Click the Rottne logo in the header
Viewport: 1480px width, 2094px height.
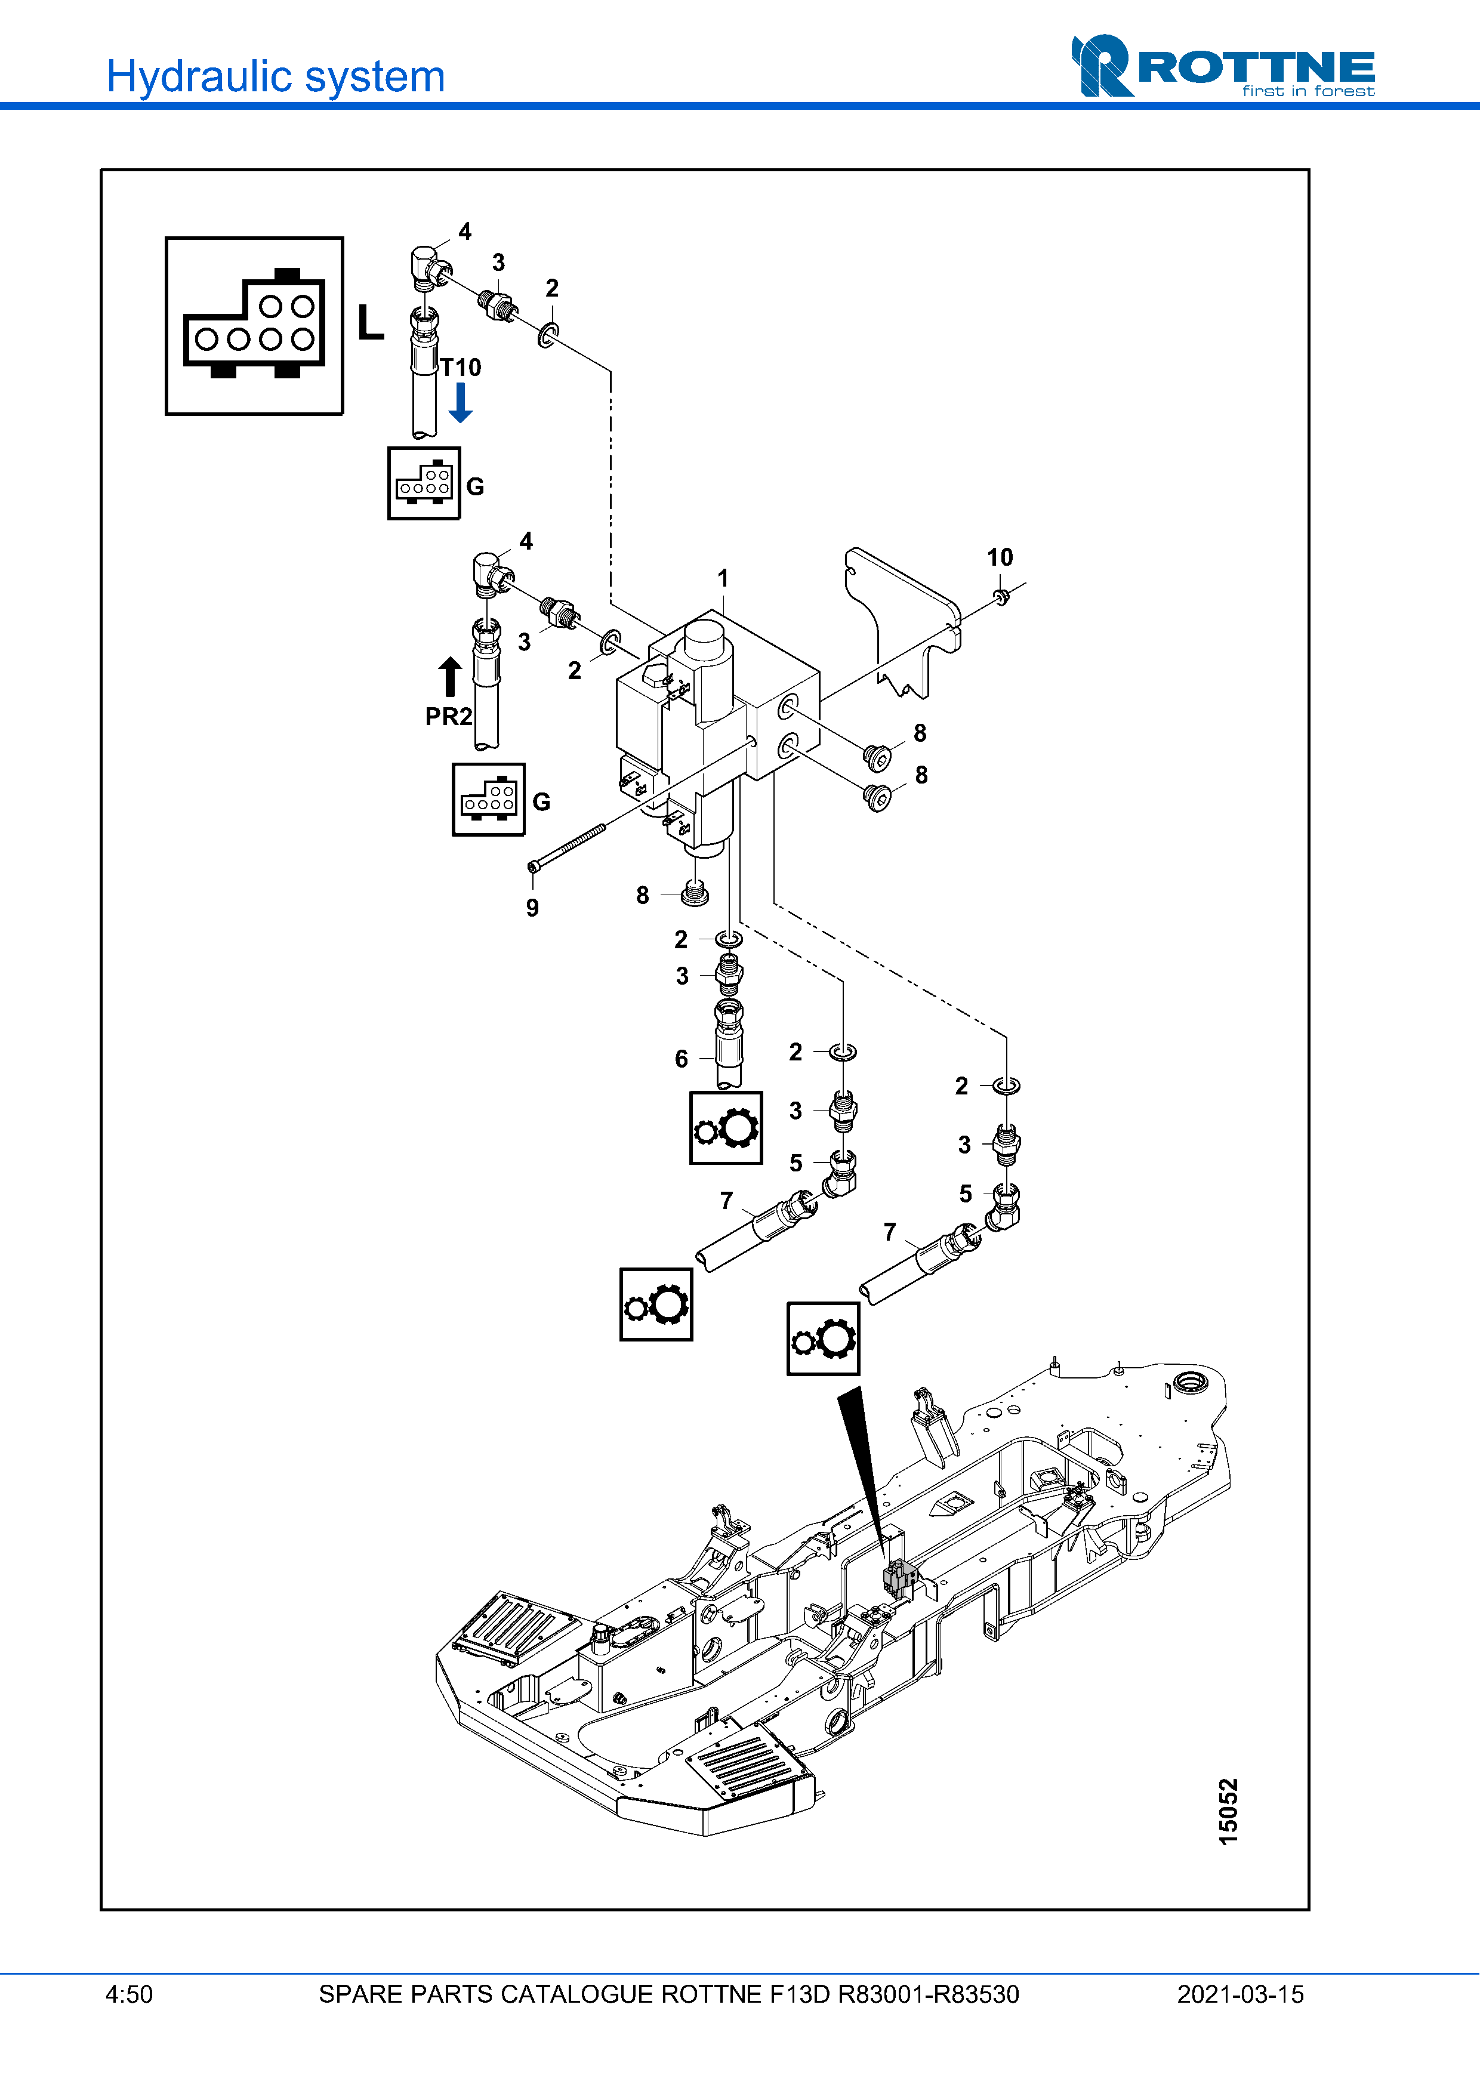pyautogui.click(x=1223, y=66)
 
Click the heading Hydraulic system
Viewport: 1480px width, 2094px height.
pyautogui.click(x=275, y=76)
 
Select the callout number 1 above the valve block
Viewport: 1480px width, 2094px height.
pyautogui.click(x=723, y=578)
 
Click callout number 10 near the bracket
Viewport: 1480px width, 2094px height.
pyautogui.click(x=1000, y=557)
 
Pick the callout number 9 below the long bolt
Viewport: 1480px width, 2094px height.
pyautogui.click(x=532, y=908)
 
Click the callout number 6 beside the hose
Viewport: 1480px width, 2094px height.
pyautogui.click(x=681, y=1059)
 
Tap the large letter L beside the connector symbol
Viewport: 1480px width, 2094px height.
pyautogui.click(x=370, y=322)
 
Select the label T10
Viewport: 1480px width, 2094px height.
pyautogui.click(x=461, y=368)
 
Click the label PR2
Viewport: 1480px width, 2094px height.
pyautogui.click(x=449, y=717)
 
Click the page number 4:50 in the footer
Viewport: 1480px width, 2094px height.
pyautogui.click(x=129, y=1994)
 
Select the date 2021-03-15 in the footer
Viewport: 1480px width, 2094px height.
pyautogui.click(x=1240, y=1994)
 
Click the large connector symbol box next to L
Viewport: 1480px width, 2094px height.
pyautogui.click(x=254, y=326)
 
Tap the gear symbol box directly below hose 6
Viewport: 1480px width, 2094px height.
pyautogui.click(x=726, y=1128)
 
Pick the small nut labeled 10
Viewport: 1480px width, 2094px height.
pyautogui.click(x=1001, y=597)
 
